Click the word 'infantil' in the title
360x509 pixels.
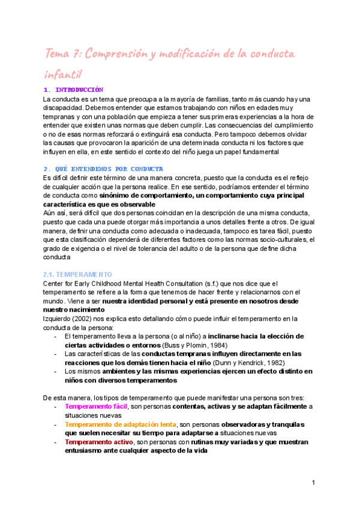point(63,74)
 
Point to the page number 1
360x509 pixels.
point(314,482)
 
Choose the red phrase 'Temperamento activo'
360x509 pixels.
point(99,442)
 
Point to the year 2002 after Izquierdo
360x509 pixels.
point(84,318)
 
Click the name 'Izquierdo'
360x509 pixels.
point(58,318)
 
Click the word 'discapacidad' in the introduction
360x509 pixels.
point(65,107)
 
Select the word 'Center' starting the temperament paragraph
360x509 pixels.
point(55,283)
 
